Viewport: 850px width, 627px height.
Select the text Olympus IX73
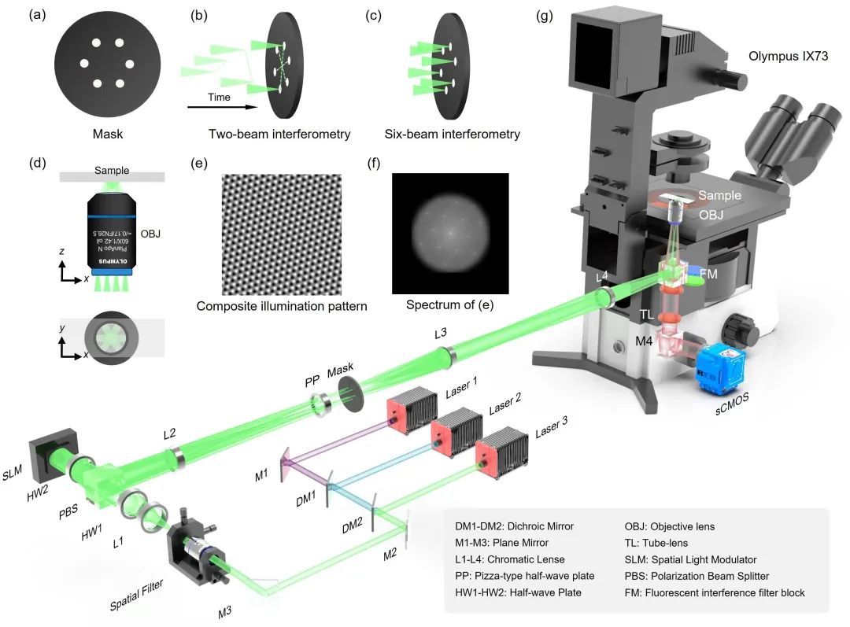[x=789, y=57]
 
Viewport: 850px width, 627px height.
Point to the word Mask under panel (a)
[x=107, y=135]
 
